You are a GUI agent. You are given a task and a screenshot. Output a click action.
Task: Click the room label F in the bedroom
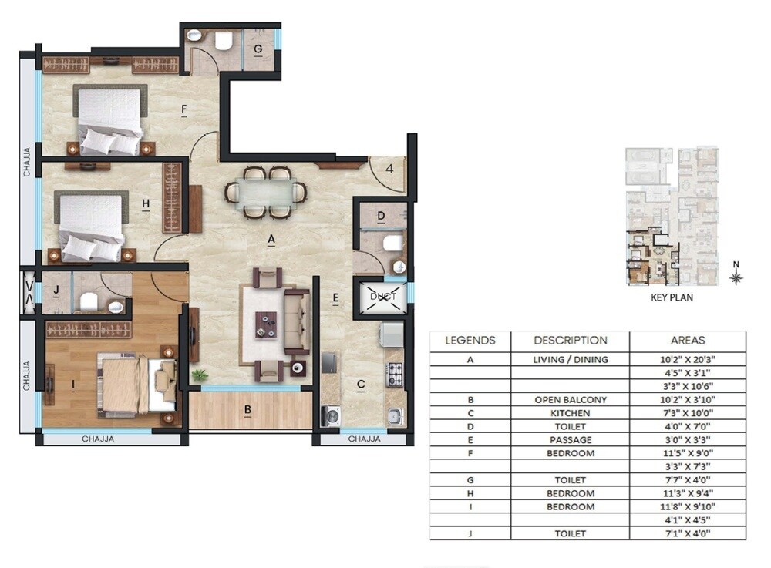pyautogui.click(x=184, y=109)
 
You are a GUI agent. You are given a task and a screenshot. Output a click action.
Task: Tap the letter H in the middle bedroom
pyautogui.click(x=145, y=203)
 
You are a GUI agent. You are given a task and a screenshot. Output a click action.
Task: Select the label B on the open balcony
pyautogui.click(x=248, y=410)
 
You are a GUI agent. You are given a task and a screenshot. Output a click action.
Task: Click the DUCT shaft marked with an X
pyautogui.click(x=382, y=297)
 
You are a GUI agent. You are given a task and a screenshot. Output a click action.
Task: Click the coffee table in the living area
pyautogui.click(x=267, y=324)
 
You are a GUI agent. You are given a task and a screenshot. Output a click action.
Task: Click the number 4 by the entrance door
pyautogui.click(x=390, y=168)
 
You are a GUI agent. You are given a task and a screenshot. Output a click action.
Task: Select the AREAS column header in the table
pyautogui.click(x=687, y=340)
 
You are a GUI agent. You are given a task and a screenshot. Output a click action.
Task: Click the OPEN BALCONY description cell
pyautogui.click(x=570, y=400)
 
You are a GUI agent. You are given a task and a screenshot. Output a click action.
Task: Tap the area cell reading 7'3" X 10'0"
pyautogui.click(x=687, y=413)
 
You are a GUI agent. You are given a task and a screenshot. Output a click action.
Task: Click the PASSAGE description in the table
pyautogui.click(x=570, y=440)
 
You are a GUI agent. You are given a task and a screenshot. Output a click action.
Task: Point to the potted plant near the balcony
pyautogui.click(x=201, y=375)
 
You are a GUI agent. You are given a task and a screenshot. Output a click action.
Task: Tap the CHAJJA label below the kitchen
pyautogui.click(x=364, y=439)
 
